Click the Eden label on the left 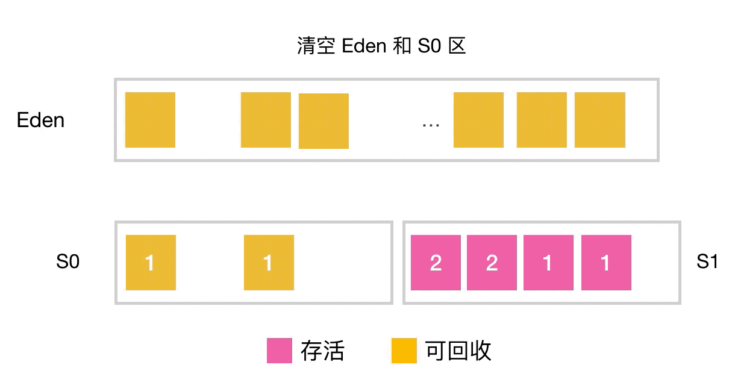tap(40, 120)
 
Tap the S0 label tap(67, 262)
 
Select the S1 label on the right tap(707, 262)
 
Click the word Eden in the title tap(364, 46)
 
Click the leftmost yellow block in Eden tap(150, 120)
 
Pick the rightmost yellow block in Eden tap(599, 120)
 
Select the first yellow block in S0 tap(151, 263)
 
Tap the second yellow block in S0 tap(269, 263)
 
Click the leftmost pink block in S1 tap(436, 263)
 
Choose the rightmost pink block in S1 tap(606, 263)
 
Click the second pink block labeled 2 tap(492, 263)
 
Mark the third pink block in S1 tap(548, 263)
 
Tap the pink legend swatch tap(280, 351)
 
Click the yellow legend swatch tap(404, 351)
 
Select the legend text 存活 tap(322, 351)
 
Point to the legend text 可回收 tap(458, 351)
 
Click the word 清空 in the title tap(316, 46)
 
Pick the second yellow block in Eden tap(266, 120)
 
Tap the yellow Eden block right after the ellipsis tap(478, 120)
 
